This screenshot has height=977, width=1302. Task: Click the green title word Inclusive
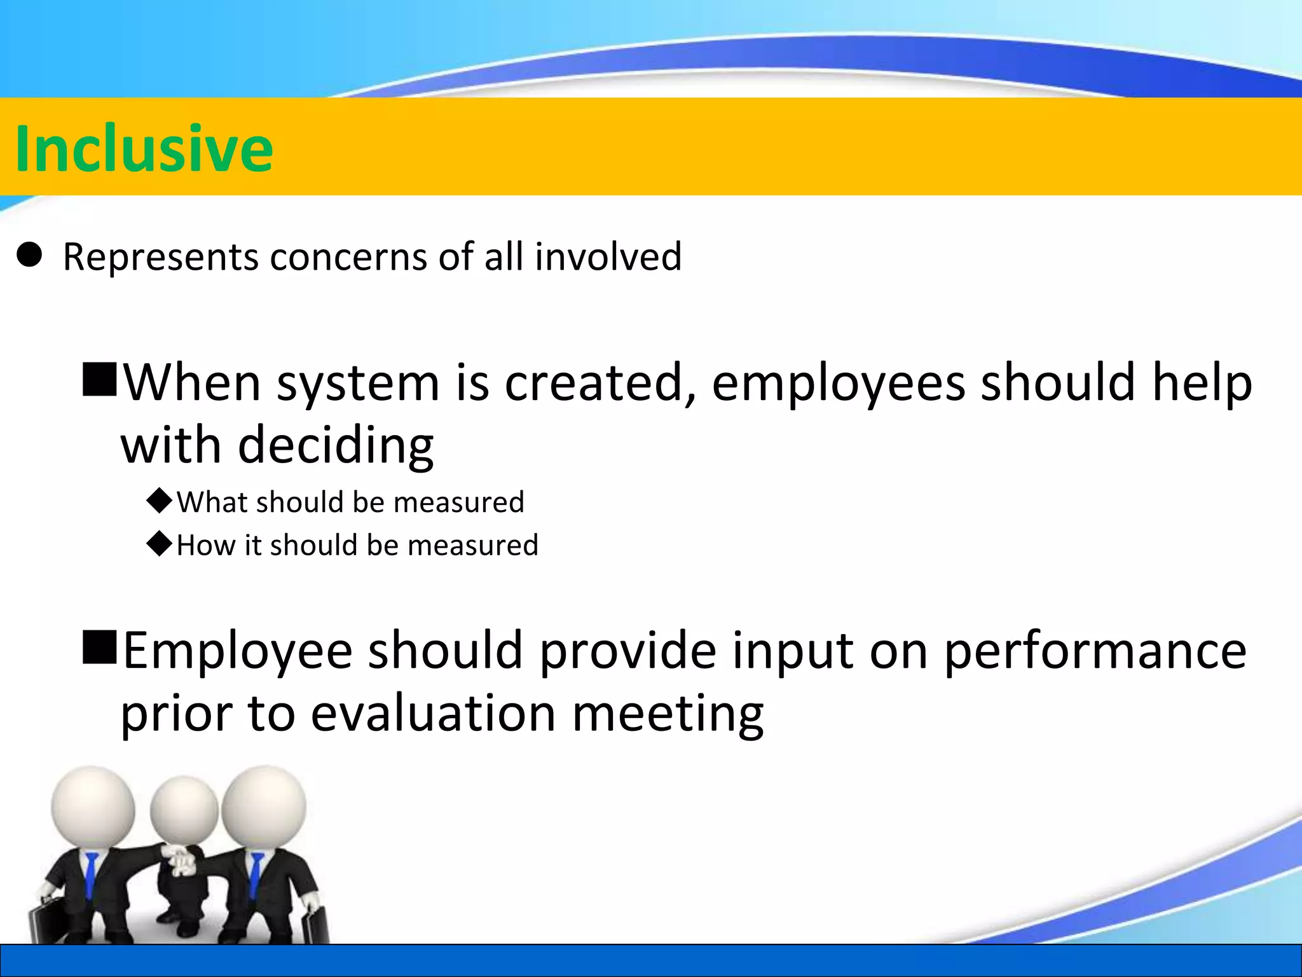click(x=144, y=148)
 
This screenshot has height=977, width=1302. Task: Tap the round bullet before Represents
click(x=29, y=255)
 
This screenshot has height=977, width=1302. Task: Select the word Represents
click(x=161, y=258)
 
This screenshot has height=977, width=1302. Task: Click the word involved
click(x=608, y=256)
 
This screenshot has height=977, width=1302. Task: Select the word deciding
click(x=336, y=445)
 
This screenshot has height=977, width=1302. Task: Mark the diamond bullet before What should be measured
click(x=159, y=501)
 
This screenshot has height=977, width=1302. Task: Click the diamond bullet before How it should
click(x=159, y=544)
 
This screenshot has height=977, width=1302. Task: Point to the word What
click(x=212, y=502)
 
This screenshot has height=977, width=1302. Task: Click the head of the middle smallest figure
click(x=184, y=812)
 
